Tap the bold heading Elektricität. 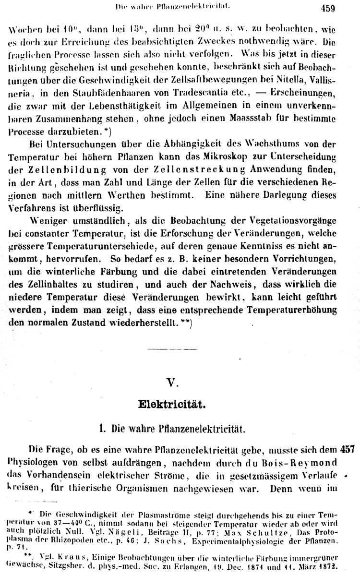tap(172, 404)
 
